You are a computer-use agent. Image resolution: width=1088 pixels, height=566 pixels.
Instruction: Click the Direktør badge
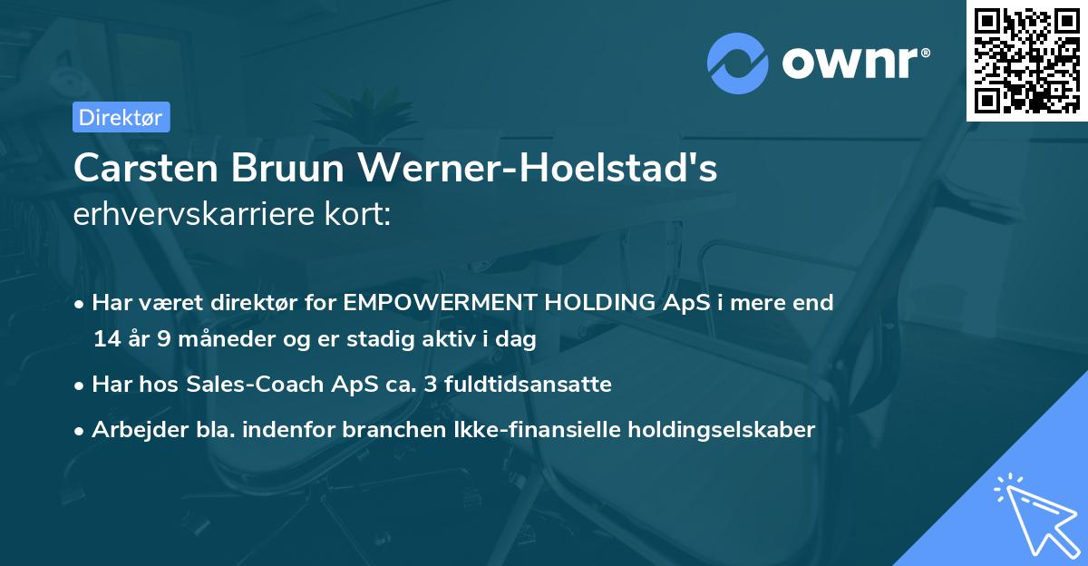[x=120, y=117]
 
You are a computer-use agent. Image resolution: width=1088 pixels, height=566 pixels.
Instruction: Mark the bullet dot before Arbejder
[x=81, y=430]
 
